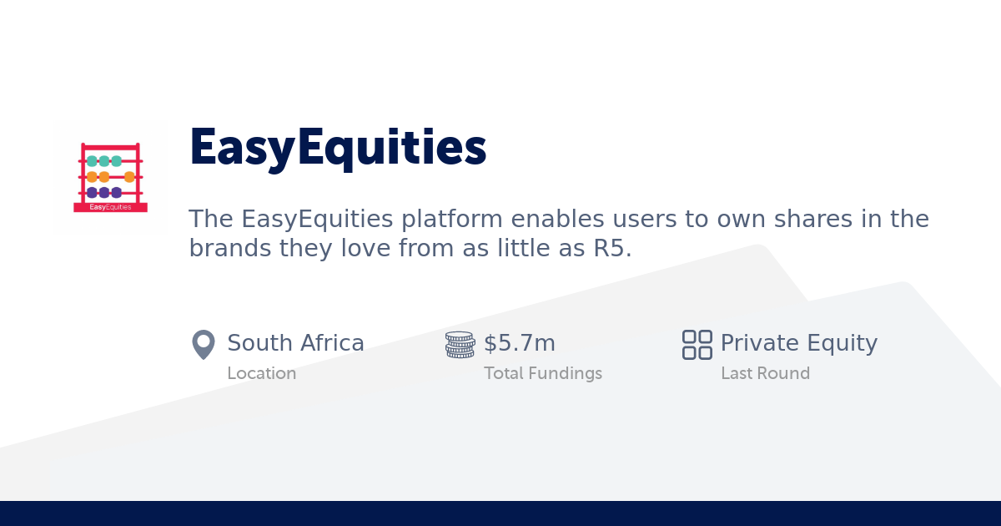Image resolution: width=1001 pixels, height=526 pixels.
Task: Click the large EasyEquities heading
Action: [338, 148]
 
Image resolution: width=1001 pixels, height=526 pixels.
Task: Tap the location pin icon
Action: [204, 344]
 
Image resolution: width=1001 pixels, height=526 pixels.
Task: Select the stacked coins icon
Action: [460, 344]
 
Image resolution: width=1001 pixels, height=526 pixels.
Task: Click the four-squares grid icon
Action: [697, 344]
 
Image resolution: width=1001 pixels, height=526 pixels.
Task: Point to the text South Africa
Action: [295, 343]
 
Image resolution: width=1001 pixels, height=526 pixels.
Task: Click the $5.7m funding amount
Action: [520, 343]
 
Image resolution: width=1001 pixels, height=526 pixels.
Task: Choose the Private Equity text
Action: [798, 343]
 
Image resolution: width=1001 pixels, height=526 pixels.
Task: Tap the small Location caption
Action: [261, 373]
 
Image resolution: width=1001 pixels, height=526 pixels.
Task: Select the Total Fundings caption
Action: [542, 373]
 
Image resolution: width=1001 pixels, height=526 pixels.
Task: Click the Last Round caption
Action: [765, 373]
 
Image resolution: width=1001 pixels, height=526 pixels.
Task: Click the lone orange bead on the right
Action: [129, 177]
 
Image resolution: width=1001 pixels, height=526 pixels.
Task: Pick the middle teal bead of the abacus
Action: [104, 161]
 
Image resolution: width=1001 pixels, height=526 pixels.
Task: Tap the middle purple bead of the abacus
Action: [104, 192]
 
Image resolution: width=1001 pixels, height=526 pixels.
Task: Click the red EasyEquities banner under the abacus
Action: [110, 207]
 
